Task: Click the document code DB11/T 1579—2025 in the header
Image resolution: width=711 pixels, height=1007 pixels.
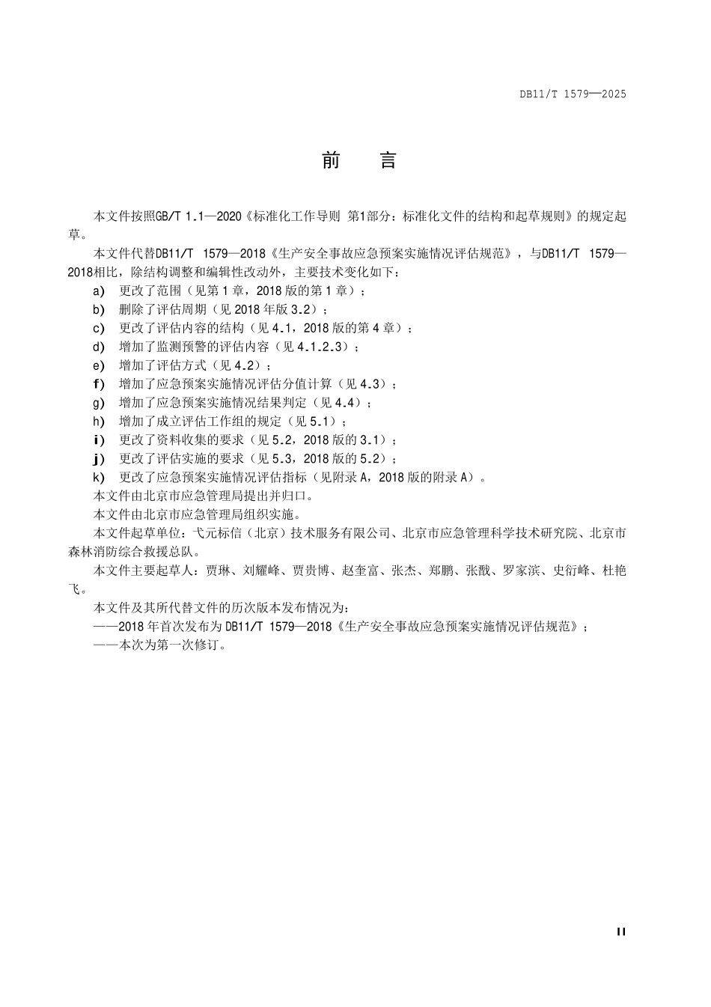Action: pos(573,94)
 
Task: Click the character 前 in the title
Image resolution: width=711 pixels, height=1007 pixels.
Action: pos(331,161)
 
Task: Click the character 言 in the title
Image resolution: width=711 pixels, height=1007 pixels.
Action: pos(388,161)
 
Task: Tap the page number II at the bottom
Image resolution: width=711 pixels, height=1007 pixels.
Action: pos(620,931)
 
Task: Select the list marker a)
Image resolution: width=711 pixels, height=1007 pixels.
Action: pos(99,290)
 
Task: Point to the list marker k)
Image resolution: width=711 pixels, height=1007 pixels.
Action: pos(99,477)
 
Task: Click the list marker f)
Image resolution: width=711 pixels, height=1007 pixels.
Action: pos(99,384)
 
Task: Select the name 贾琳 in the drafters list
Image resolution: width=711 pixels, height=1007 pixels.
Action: pos(218,571)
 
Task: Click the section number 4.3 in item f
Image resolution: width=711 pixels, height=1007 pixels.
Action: pos(369,384)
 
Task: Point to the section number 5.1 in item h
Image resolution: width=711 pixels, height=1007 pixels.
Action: pos(320,422)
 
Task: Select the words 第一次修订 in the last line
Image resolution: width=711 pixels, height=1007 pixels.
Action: pos(188,645)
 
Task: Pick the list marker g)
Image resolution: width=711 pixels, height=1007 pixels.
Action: pos(99,403)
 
